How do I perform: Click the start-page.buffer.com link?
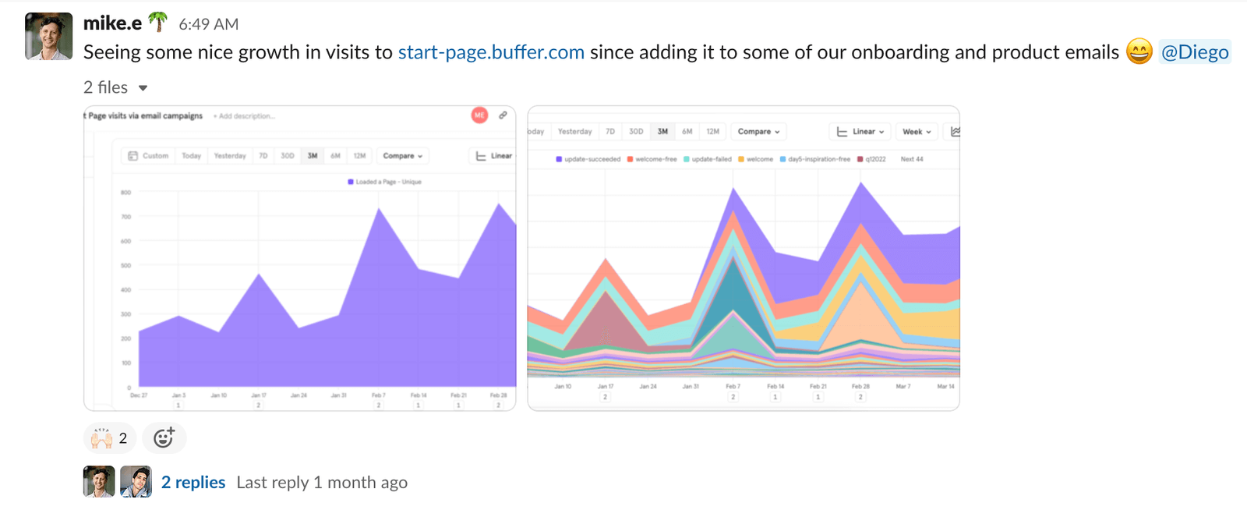click(491, 52)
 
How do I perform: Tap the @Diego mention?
click(1194, 52)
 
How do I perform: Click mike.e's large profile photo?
click(48, 37)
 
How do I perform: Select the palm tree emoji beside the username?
click(158, 23)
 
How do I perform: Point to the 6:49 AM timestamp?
click(209, 24)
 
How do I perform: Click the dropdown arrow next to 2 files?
click(143, 88)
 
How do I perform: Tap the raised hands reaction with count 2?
click(109, 438)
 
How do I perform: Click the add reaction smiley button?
click(164, 438)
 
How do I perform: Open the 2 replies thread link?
click(193, 483)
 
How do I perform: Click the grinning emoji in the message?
click(1139, 52)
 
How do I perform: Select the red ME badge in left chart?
click(479, 115)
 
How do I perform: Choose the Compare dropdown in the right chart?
click(758, 132)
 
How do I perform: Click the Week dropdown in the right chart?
click(917, 132)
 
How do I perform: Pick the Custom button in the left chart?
click(148, 156)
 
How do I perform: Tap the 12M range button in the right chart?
click(712, 132)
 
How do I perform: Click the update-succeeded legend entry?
click(588, 159)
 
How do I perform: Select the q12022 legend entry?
click(872, 159)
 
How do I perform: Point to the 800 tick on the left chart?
click(125, 193)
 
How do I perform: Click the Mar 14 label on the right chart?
click(945, 387)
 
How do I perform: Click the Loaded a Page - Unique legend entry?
click(385, 182)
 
